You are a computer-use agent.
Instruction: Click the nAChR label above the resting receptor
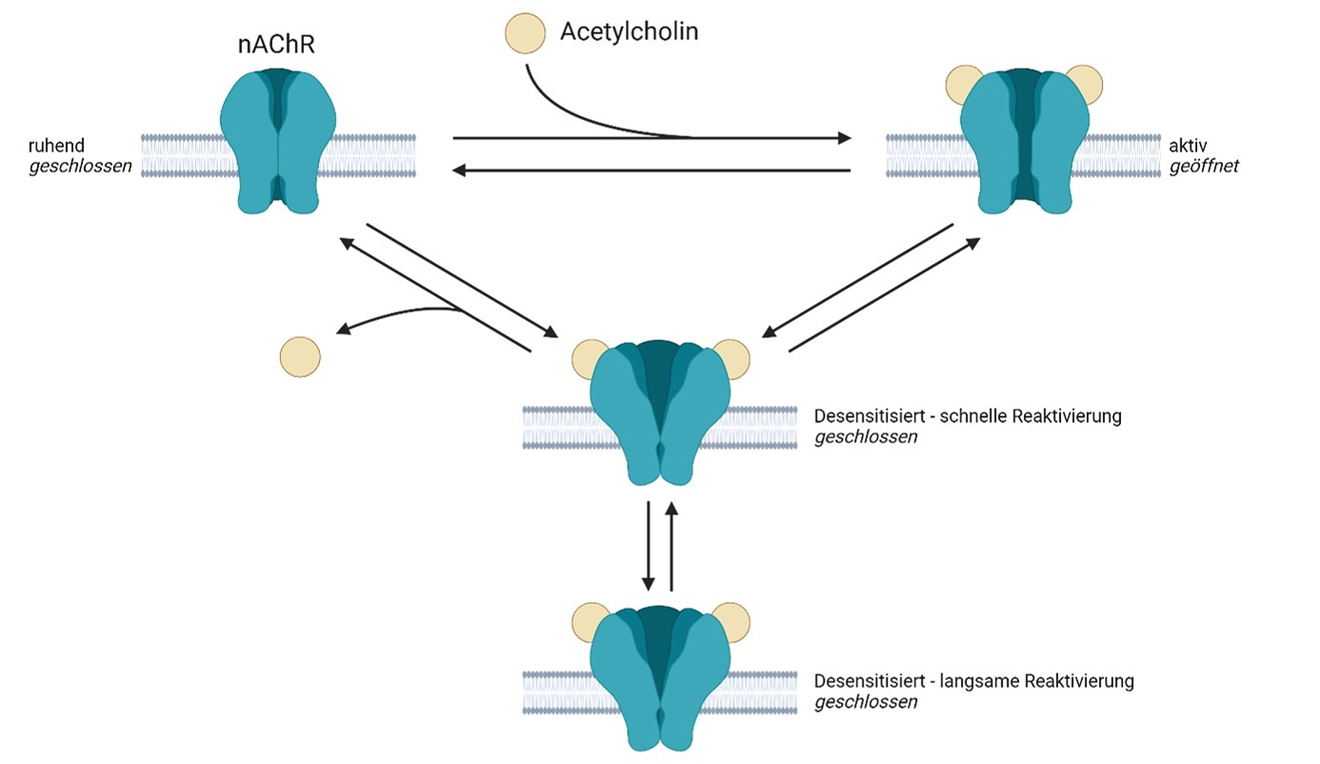pyautogui.click(x=276, y=45)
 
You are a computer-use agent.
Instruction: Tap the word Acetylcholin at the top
pyautogui.click(x=629, y=31)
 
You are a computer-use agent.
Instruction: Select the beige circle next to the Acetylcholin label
pyautogui.click(x=525, y=33)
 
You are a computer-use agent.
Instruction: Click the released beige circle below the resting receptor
pyautogui.click(x=300, y=357)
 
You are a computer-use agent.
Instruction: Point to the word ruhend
pyautogui.click(x=56, y=146)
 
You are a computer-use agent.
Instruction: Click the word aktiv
pyautogui.click(x=1187, y=146)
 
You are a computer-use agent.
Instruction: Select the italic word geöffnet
pyautogui.click(x=1203, y=166)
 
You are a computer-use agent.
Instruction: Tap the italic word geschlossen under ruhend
pyautogui.click(x=80, y=166)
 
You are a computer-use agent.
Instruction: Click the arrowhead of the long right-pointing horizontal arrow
pyautogui.click(x=845, y=138)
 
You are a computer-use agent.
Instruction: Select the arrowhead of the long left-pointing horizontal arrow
pyautogui.click(x=460, y=170)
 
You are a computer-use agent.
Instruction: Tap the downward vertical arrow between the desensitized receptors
pyautogui.click(x=648, y=545)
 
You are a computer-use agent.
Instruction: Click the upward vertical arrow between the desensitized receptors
pyautogui.click(x=672, y=545)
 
